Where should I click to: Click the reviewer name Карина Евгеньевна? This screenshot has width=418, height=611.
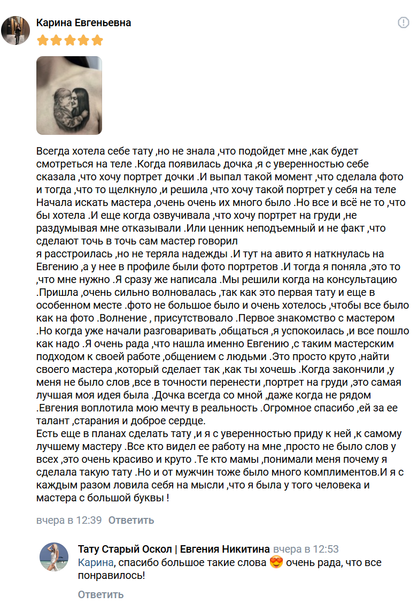pyautogui.click(x=83, y=23)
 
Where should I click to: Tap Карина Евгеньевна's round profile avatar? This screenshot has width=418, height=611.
pyautogui.click(x=16, y=30)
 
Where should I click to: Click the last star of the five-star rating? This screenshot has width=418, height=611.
pyautogui.click(x=97, y=40)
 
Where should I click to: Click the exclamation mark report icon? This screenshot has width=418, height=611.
pyautogui.click(x=403, y=22)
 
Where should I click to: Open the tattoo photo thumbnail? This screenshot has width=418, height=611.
pyautogui.click(x=69, y=95)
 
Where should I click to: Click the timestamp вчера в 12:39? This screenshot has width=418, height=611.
pyautogui.click(x=69, y=520)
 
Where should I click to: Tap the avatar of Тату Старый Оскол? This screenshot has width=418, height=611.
pyautogui.click(x=54, y=556)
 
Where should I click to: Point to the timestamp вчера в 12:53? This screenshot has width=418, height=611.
pyautogui.click(x=306, y=549)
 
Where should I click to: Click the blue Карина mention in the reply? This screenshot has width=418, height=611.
pyautogui.click(x=96, y=563)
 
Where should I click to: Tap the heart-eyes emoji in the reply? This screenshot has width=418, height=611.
pyautogui.click(x=276, y=563)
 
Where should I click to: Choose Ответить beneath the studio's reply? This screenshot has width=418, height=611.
pyautogui.click(x=100, y=594)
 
